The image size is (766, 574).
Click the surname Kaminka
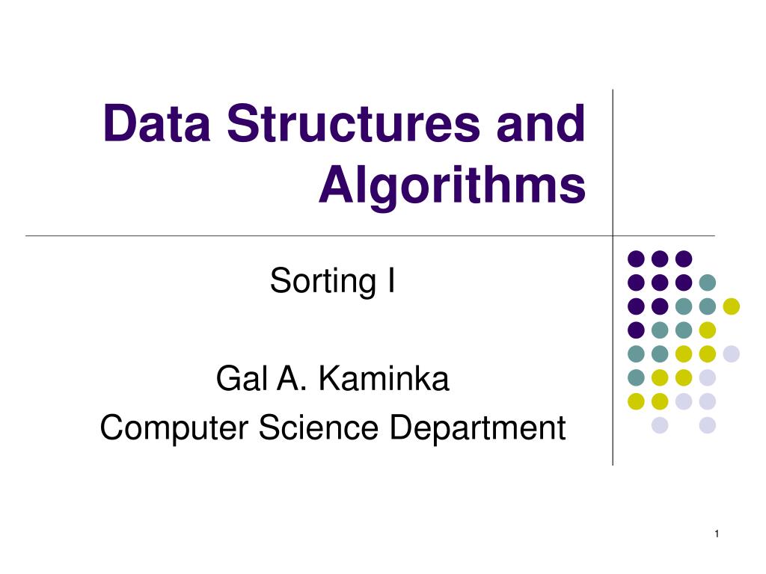click(384, 379)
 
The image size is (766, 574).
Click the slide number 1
click(716, 533)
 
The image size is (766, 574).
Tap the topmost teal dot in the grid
click(707, 283)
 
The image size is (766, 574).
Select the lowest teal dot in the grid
click(636, 377)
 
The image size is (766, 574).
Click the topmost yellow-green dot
click(731, 306)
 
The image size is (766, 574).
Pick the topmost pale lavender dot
click(731, 354)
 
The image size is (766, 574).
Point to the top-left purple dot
click(636, 259)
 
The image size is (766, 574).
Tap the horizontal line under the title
click(299, 236)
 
